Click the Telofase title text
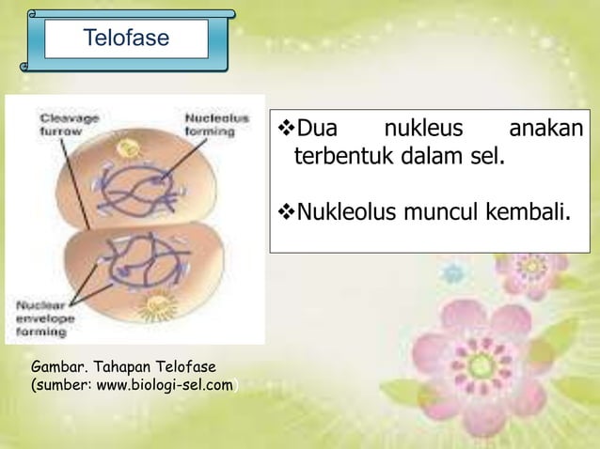pos(126,39)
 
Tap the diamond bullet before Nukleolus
pos(283,206)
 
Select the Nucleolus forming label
pos(216,126)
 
